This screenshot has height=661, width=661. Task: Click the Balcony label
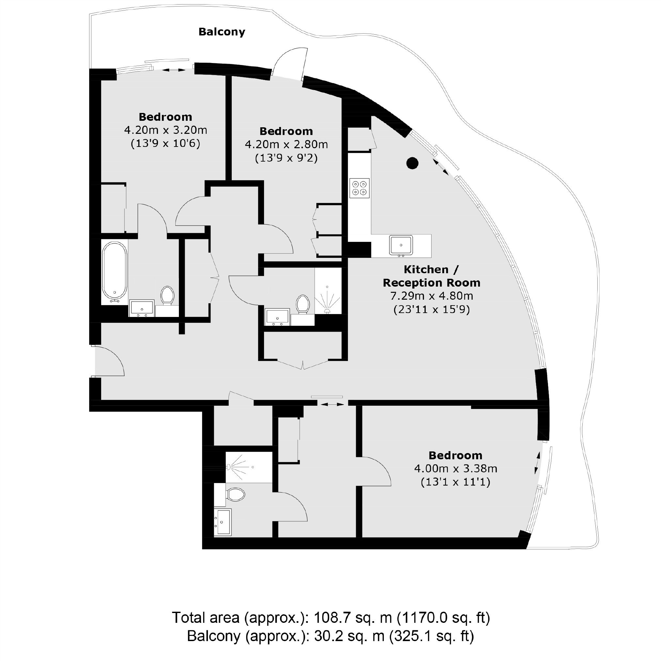[222, 32]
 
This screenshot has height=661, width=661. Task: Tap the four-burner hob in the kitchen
[360, 188]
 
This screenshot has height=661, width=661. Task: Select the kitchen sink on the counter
[401, 245]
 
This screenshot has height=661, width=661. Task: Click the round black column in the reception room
[412, 163]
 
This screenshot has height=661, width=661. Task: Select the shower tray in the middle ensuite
[328, 291]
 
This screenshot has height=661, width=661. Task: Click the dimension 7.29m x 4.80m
[432, 296]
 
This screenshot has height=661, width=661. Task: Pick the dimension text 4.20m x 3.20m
[165, 130]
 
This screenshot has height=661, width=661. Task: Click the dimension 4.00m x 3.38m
[455, 468]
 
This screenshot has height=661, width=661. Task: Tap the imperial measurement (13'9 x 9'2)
[286, 158]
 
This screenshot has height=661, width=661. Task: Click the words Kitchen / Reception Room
[432, 276]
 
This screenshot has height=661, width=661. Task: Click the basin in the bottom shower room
[223, 522]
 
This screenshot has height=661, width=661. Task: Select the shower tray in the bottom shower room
[249, 467]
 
